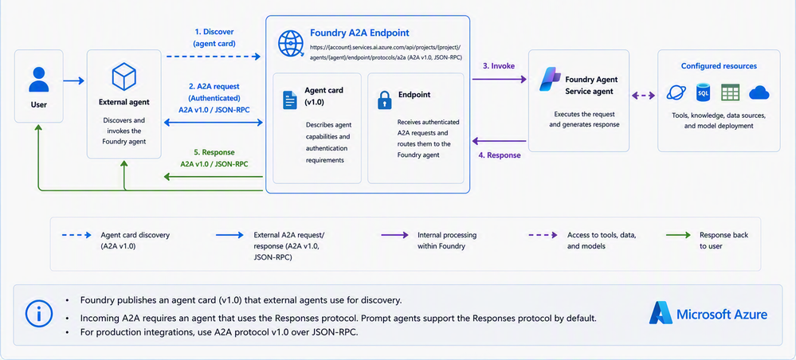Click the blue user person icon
point(38,79)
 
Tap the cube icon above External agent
point(124,76)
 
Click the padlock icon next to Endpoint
point(384,100)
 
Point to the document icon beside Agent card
point(289,100)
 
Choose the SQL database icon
point(703,93)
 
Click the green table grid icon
point(731,93)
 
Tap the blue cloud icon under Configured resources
point(759,92)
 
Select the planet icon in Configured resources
point(676,93)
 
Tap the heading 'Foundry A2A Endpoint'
point(360,33)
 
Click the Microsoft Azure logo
point(708,314)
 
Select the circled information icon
point(38,315)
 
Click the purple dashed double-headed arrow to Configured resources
point(643,95)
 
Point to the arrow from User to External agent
point(73,80)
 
